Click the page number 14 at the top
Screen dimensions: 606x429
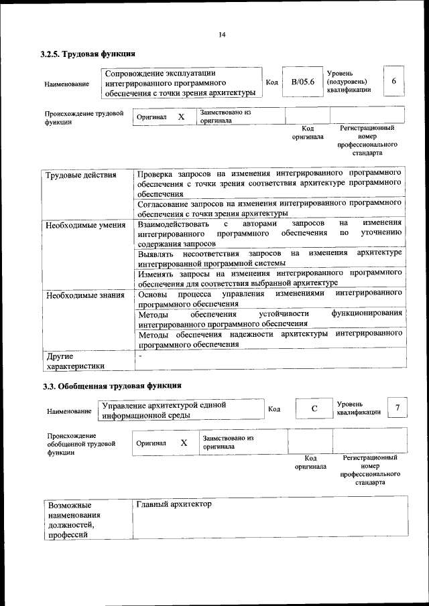222,35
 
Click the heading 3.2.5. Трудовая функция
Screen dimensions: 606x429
89,54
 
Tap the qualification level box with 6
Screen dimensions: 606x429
393,81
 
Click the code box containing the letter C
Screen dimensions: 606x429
314,408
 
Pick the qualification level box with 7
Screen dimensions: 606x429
397,408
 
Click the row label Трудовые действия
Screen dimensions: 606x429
81,175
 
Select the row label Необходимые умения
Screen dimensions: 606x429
85,225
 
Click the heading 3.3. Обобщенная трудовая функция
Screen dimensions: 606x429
111,386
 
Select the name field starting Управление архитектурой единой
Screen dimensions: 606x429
179,410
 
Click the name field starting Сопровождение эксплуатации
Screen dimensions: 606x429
180,82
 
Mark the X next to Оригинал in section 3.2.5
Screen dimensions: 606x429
181,117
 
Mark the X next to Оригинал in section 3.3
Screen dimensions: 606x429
184,443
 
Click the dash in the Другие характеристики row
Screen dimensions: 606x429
139,356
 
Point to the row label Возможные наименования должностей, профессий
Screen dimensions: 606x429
74,520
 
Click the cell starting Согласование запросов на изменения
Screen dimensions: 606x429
269,208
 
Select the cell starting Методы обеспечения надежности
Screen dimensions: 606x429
269,338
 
